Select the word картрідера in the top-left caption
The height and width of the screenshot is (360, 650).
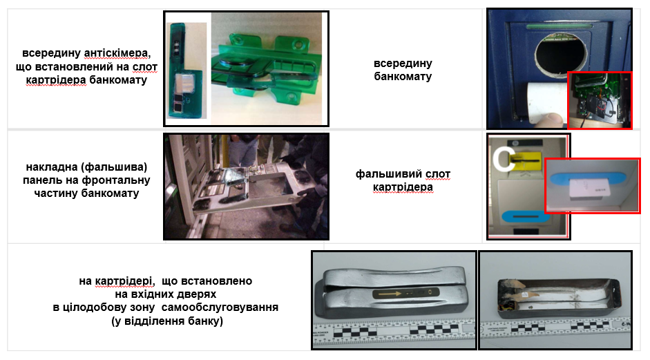coord(56,80)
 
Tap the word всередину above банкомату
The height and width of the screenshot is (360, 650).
coord(403,64)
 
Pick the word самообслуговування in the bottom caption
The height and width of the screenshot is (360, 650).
coord(220,307)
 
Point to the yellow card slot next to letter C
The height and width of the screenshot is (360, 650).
coord(526,159)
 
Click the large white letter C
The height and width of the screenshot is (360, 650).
coord(504,159)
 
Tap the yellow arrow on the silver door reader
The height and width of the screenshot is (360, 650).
coord(390,294)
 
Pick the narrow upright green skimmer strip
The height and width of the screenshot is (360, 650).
coord(185,71)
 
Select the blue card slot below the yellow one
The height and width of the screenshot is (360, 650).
coord(526,216)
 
